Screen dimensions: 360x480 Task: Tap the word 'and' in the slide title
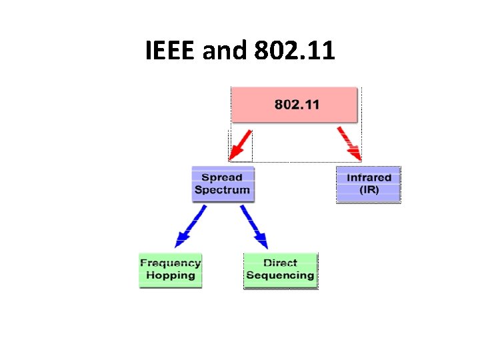[x=223, y=50]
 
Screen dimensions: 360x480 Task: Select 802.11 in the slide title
[x=294, y=50]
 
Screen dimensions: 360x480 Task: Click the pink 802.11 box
[x=294, y=105]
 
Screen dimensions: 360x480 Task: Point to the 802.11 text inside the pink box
[x=297, y=105]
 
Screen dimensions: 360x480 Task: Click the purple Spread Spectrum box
[x=222, y=184]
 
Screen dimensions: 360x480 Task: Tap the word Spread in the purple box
[x=222, y=177]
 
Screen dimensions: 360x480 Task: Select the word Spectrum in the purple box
[x=222, y=190]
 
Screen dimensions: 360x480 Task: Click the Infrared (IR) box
[x=369, y=184]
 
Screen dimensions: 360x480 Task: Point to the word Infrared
[x=369, y=177]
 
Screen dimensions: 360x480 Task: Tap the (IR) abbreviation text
[x=369, y=190]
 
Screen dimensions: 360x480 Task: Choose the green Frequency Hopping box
[x=171, y=270]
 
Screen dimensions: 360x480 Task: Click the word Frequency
[x=171, y=263]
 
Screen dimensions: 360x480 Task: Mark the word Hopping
[x=171, y=275]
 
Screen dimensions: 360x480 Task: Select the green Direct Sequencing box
[x=281, y=270]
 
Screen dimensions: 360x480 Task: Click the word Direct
[x=281, y=263]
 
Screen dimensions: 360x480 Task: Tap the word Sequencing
[x=281, y=275]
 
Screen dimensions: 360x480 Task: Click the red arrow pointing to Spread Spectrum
[x=239, y=146]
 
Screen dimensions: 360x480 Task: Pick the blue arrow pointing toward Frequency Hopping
[x=190, y=227]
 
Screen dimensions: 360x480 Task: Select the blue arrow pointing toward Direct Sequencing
[x=254, y=227]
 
